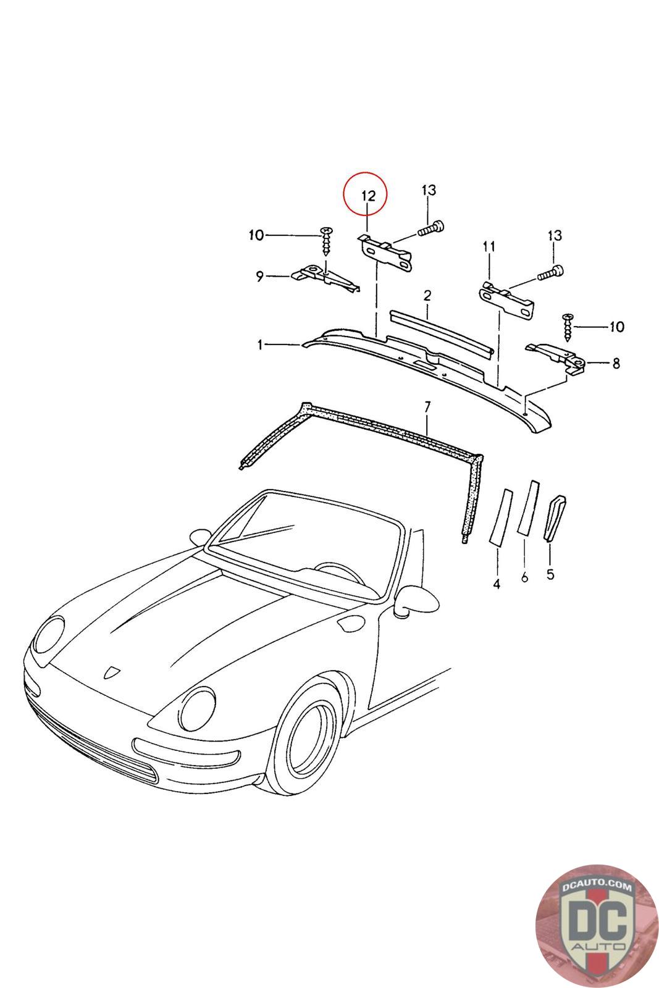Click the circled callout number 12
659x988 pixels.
(368, 196)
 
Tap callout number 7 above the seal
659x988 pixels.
(426, 406)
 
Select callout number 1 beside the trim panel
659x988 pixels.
(261, 345)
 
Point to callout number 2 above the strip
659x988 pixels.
(426, 296)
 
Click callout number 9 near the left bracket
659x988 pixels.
(260, 276)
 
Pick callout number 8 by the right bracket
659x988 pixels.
(616, 364)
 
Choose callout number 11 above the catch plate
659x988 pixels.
(489, 247)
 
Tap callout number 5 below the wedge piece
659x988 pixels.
(550, 575)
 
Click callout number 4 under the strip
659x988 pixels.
(497, 584)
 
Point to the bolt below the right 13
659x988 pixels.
(550, 273)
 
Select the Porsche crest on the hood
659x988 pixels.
(112, 672)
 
